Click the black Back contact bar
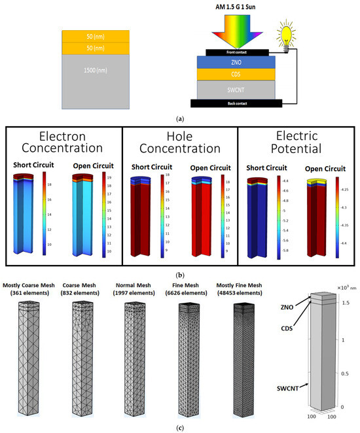point(236,103)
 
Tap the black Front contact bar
point(237,51)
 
